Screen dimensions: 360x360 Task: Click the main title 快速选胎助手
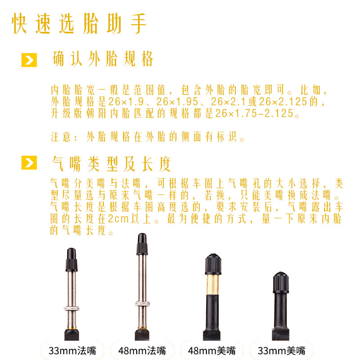(79, 23)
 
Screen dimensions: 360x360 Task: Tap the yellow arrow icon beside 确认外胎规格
(29, 60)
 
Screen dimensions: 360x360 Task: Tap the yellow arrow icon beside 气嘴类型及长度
(29, 162)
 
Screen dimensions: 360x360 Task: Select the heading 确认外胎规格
(103, 59)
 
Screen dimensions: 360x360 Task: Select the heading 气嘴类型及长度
(111, 164)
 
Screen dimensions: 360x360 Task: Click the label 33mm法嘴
(72, 351)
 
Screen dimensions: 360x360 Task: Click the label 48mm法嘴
(142, 351)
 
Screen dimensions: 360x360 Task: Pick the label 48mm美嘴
(211, 351)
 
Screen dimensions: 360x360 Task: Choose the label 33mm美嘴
(282, 351)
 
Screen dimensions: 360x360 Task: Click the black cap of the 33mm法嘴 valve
(72, 260)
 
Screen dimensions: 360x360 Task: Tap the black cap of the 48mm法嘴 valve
(142, 244)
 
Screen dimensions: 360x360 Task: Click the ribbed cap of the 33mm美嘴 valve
(281, 283)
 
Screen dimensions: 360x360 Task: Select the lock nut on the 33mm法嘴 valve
(72, 308)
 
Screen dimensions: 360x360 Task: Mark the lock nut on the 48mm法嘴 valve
(143, 304)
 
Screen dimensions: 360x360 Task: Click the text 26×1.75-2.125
(254, 113)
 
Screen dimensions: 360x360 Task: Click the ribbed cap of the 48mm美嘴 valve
(213, 264)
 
